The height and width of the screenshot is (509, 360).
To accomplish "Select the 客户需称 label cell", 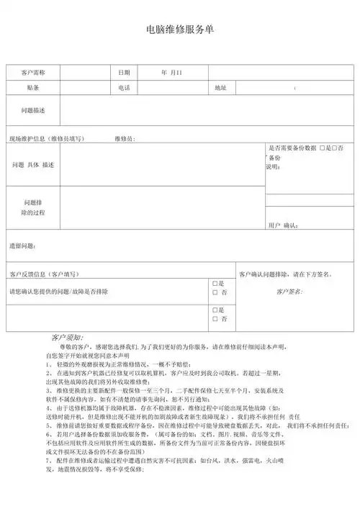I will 33,73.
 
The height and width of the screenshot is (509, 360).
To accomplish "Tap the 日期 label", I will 124,73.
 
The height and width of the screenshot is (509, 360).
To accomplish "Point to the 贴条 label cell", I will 33,88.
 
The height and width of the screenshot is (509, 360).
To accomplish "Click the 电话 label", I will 124,88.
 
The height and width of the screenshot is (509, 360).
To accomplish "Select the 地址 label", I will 220,88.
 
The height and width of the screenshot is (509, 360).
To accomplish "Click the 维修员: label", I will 124,138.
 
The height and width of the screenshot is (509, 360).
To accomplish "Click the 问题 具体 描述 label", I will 33,165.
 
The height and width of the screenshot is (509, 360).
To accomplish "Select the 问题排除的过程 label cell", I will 33,208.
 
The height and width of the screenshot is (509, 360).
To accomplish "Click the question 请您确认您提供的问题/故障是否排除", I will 58,292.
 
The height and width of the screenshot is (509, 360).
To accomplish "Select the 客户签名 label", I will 289,292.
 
